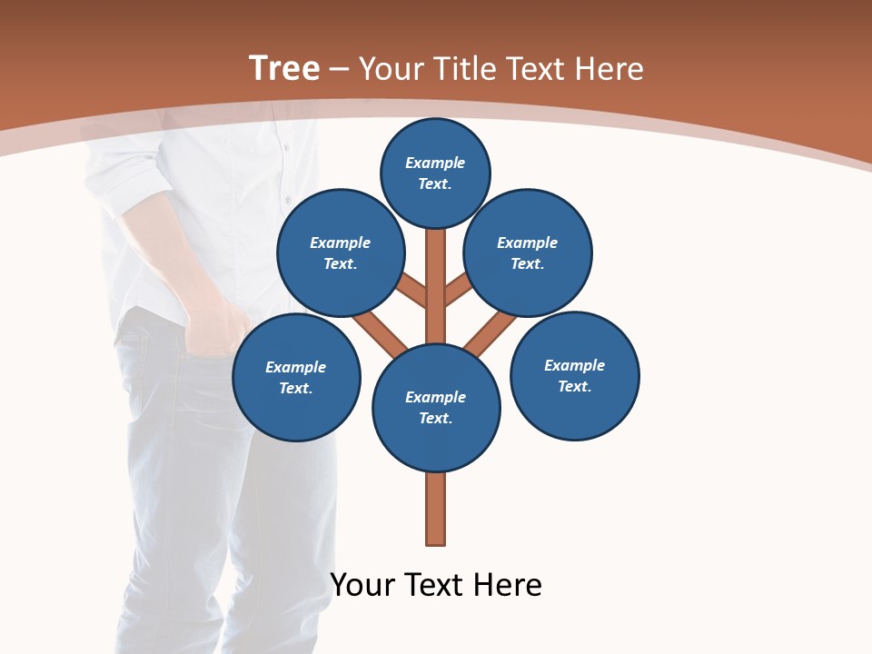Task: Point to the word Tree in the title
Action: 284,68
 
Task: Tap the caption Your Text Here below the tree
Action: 436,585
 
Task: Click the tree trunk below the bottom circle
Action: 436,509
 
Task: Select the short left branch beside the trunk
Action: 411,290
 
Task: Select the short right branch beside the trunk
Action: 460,290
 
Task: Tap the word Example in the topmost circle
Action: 435,163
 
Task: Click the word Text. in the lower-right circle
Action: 575,386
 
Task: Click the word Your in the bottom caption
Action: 362,585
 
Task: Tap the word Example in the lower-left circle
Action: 296,367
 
